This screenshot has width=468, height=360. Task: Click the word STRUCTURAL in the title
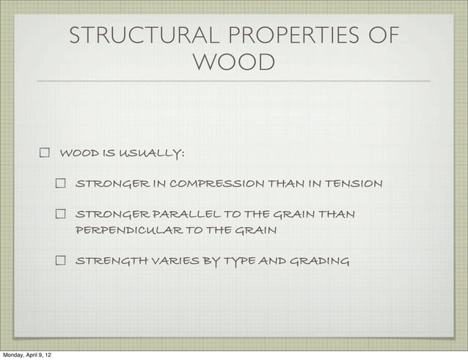point(132,36)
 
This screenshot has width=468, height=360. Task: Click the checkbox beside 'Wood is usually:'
point(44,154)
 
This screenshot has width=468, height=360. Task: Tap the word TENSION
point(354,183)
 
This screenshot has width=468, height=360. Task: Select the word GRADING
point(318,260)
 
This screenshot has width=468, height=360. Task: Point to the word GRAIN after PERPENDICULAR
point(256,230)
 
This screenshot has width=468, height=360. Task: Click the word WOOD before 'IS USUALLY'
point(76,154)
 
